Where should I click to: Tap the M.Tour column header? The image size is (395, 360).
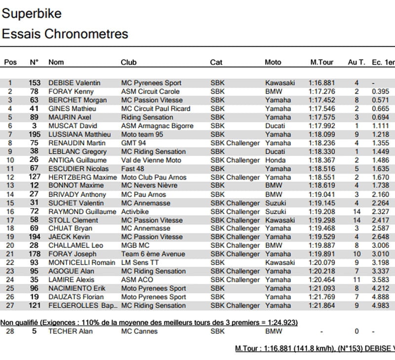[321, 63]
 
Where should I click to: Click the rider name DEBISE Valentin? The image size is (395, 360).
[74, 83]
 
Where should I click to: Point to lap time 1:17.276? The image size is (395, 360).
[321, 92]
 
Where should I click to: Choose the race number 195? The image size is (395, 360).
[34, 135]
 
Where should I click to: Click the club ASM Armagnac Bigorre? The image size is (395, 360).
[157, 126]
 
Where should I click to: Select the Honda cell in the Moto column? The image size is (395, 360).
[275, 160]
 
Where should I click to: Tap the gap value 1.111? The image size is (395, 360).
[380, 126]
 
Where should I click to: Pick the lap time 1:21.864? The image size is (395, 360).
[321, 306]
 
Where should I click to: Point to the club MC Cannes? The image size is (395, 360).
[139, 331]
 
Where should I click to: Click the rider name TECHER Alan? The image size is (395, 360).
[71, 331]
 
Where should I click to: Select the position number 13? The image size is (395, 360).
[10, 186]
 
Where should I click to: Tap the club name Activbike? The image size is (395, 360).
[135, 212]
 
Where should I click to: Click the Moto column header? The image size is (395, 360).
[273, 63]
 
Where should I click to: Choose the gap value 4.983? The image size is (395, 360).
[380, 306]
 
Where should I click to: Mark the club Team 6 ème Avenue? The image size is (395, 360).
[153, 254]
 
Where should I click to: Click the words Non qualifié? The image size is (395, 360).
[19, 323]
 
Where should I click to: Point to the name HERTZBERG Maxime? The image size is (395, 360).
[82, 178]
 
